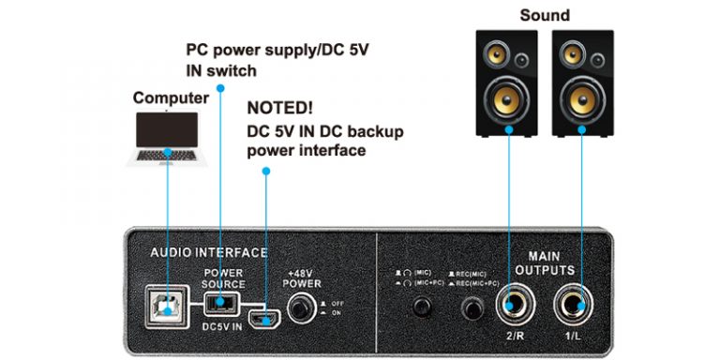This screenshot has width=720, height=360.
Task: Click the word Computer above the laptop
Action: pyautogui.click(x=171, y=97)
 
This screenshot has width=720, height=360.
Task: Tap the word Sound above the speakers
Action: pyautogui.click(x=545, y=15)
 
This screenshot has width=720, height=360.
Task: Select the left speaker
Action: pyautogui.click(x=507, y=84)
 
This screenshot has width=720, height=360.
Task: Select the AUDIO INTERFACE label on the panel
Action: pyautogui.click(x=209, y=252)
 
